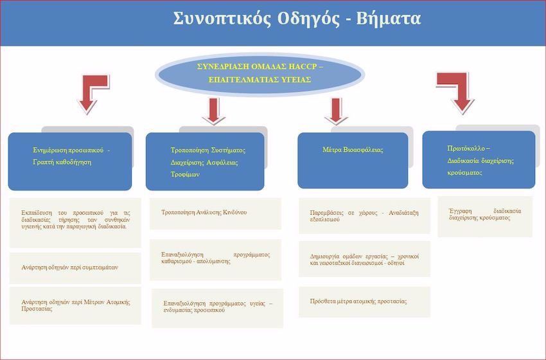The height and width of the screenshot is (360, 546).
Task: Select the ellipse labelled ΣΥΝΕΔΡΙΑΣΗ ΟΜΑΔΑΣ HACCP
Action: coord(260,75)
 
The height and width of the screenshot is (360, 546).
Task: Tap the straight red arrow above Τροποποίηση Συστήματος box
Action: coord(213,111)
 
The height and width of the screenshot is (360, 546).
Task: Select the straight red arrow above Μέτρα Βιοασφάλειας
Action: coord(336,111)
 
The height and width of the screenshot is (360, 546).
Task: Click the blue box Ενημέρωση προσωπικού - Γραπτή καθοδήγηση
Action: coord(70,161)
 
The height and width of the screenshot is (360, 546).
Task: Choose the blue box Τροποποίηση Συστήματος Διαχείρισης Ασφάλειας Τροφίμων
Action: coord(205,161)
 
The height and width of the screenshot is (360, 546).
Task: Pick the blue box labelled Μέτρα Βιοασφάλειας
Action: coord(353,160)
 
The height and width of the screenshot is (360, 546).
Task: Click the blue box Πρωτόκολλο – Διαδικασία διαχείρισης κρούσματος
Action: coord(479,159)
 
